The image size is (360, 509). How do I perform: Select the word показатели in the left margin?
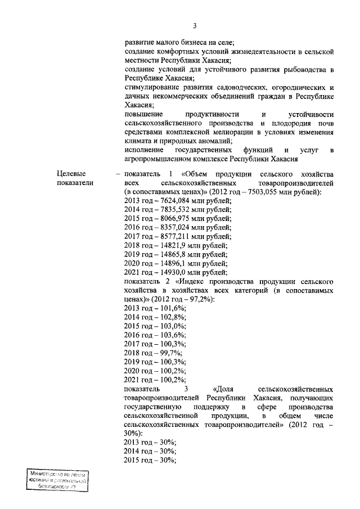pyautogui.click(x=75, y=183)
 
